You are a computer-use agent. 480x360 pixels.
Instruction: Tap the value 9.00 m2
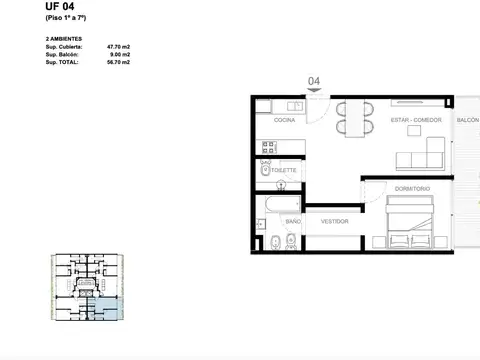[118, 54]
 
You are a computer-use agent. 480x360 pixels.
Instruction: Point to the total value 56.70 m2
[117, 62]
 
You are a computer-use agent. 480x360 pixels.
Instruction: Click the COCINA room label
[285, 119]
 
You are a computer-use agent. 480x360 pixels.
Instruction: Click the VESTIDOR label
[334, 221]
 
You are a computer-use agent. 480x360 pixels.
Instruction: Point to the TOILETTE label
[284, 171]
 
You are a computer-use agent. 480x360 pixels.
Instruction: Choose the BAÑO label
[293, 221]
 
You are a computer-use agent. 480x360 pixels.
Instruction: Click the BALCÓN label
[467, 119]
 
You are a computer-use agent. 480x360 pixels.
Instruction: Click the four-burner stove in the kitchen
[269, 147]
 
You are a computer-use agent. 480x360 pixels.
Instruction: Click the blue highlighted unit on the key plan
[107, 309]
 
